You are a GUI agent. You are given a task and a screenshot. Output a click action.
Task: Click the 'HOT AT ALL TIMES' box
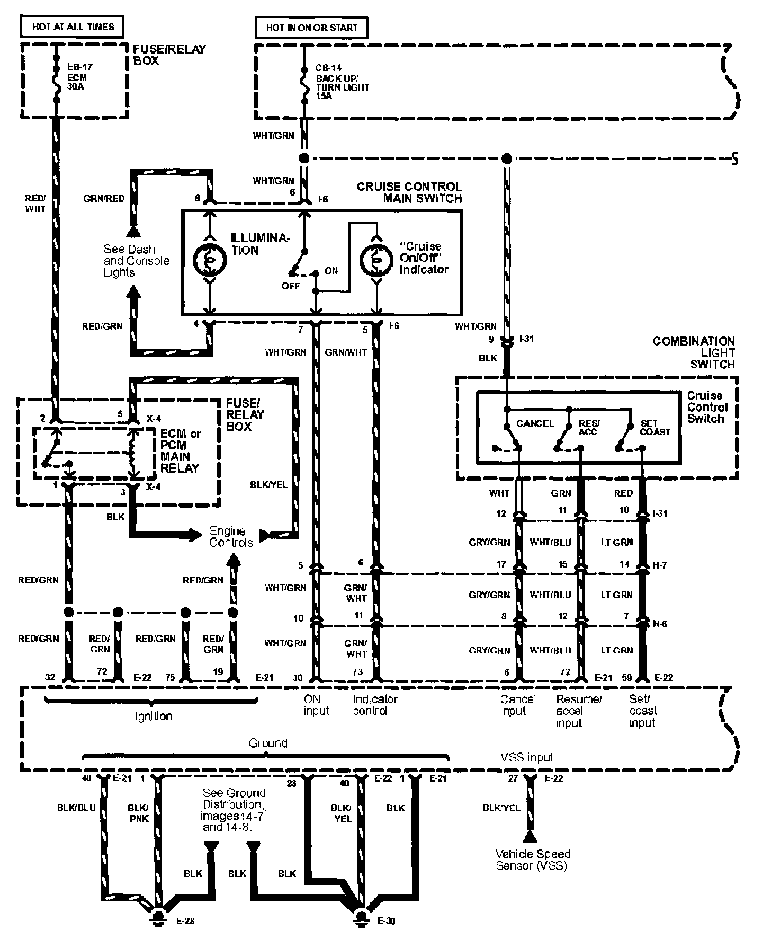point(73,26)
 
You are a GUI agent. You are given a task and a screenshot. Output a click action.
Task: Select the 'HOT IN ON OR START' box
point(311,28)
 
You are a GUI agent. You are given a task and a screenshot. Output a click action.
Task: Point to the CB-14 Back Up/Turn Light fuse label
point(342,82)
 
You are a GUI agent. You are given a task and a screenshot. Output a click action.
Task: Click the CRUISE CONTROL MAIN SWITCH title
point(409,192)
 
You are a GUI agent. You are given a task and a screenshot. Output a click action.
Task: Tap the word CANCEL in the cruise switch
point(535,423)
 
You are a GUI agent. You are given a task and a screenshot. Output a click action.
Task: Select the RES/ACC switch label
point(588,427)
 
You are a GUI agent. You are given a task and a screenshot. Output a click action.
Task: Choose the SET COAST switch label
point(655,427)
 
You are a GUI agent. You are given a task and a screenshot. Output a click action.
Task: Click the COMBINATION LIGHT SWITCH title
point(694,352)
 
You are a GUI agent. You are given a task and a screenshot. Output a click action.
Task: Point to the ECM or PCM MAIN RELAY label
point(181,451)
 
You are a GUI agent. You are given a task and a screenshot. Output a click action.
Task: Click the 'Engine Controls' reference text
point(230,536)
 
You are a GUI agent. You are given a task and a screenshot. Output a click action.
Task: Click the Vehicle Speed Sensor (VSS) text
point(533,860)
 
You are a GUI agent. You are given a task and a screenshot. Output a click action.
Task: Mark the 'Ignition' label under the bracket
point(153,716)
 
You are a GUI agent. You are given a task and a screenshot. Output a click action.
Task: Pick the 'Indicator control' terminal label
point(374,705)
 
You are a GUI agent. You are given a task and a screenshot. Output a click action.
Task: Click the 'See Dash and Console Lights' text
point(136,261)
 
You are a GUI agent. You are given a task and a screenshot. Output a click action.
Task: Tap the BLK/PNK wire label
point(138,813)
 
